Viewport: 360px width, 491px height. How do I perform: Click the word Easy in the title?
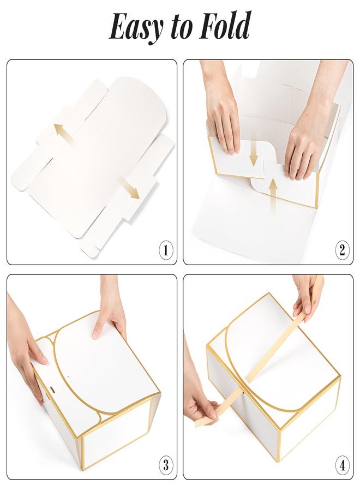tap(136, 27)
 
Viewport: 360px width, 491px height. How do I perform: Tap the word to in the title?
tap(181, 28)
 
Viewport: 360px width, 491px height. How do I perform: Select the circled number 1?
tap(165, 250)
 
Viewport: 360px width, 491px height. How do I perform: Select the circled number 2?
tap(342, 250)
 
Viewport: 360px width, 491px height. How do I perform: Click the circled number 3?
tap(165, 465)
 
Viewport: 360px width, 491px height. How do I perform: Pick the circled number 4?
tap(342, 465)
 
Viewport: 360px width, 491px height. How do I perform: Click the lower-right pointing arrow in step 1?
tap(129, 187)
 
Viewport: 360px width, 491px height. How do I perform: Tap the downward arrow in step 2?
tap(253, 152)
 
